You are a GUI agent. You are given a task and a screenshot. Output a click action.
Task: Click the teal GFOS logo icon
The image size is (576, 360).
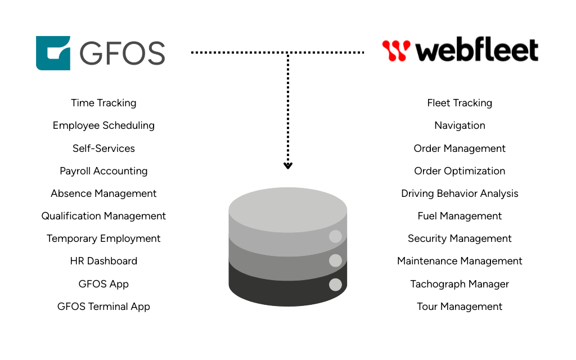tap(53, 53)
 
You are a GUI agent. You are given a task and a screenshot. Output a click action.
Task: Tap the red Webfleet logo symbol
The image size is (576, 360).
tap(396, 51)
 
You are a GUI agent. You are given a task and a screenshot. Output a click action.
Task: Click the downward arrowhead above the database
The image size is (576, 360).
tap(288, 165)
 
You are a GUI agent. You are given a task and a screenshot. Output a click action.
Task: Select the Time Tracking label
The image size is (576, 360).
tap(103, 103)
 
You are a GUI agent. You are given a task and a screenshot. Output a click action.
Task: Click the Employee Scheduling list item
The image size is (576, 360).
tap(103, 125)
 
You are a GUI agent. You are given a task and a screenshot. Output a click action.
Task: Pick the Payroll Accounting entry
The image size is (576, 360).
tap(103, 171)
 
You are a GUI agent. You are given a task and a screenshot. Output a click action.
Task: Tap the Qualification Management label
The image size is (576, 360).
tap(103, 216)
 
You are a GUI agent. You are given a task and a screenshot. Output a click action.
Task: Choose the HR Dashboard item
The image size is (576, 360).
tap(103, 261)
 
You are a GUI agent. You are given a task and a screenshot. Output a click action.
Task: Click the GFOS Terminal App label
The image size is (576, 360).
tap(103, 307)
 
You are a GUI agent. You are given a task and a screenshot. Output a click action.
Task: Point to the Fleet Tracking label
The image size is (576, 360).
tap(460, 103)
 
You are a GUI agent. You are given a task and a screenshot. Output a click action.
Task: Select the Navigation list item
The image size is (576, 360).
tap(460, 125)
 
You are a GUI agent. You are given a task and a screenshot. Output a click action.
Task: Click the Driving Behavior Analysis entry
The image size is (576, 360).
tap(460, 193)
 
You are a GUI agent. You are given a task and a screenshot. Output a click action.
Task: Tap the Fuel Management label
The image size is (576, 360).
tap(460, 216)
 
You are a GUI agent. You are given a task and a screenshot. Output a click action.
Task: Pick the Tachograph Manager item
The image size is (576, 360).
tap(460, 284)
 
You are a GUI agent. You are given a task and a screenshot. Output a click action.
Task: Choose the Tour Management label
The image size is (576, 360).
tap(460, 307)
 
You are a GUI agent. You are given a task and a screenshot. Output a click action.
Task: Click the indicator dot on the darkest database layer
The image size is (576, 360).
tap(335, 285)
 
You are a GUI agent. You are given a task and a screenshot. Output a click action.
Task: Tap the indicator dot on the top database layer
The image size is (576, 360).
tap(335, 236)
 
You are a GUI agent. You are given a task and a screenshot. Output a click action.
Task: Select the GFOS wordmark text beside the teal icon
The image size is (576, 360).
tap(122, 53)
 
